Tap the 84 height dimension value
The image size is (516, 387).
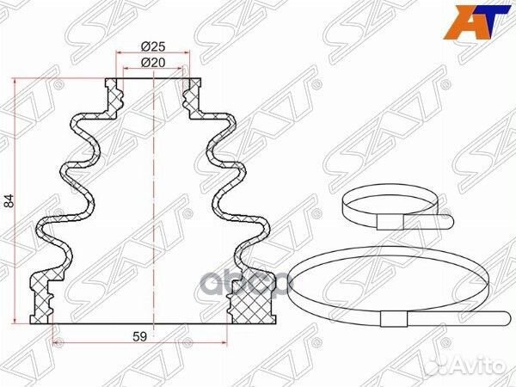tap(9, 202)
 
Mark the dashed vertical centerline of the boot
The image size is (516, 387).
tap(153, 198)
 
